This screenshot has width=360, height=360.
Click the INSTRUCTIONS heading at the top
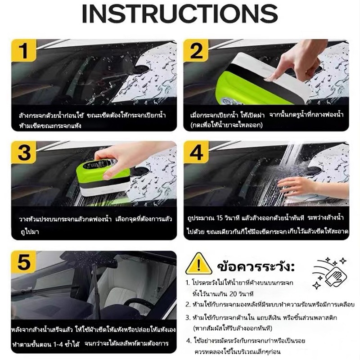(x=180, y=13)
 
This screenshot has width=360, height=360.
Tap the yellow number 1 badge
(x=24, y=50)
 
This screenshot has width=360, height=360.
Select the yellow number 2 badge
(x=196, y=50)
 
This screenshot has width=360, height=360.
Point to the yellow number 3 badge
(x=24, y=152)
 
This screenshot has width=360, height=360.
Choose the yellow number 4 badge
(x=196, y=152)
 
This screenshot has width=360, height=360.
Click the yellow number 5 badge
(x=24, y=262)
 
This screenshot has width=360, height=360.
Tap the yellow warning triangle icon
(x=198, y=264)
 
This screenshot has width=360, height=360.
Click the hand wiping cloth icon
(x=329, y=273)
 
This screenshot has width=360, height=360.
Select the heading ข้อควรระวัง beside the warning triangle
(x=256, y=266)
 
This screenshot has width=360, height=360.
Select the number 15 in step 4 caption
(x=220, y=218)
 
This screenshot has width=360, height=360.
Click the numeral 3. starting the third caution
(x=188, y=318)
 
